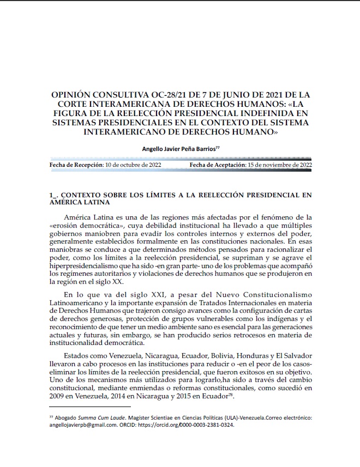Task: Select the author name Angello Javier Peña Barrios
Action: coord(178,148)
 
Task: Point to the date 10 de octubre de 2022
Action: coord(133,165)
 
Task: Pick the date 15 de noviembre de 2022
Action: coord(279,165)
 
